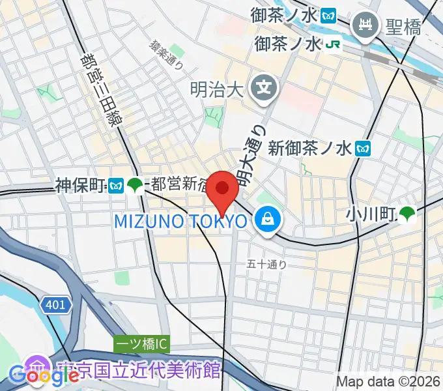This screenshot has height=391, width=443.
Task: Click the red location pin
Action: click(222, 190)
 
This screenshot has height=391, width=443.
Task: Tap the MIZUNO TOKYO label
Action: click(180, 222)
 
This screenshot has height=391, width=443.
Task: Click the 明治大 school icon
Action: click(265, 85)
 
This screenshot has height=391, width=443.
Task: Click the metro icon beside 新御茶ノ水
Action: click(364, 149)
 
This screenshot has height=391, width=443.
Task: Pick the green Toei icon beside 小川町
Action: click(407, 212)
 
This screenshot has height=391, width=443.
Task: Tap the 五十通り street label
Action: click(267, 265)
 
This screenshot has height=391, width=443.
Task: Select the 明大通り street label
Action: click(251, 154)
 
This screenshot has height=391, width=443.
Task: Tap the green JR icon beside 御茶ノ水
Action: click(334, 44)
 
